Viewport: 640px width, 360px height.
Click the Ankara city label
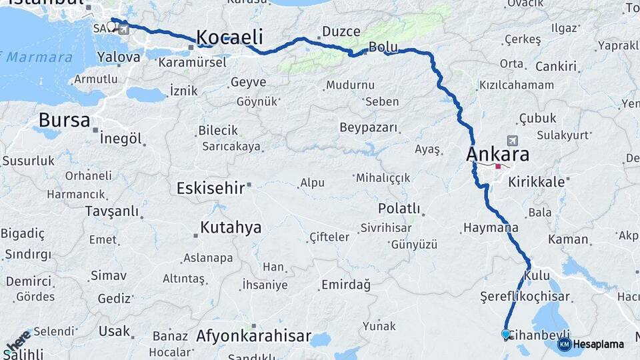coord(497,155)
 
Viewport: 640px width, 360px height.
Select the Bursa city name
coord(64,121)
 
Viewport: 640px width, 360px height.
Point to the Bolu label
coord(383,47)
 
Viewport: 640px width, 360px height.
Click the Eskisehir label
coord(211,188)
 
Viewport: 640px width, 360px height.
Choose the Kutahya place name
coord(231,227)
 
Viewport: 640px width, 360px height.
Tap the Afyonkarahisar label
coord(253,336)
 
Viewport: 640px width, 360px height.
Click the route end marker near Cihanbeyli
coord(506,334)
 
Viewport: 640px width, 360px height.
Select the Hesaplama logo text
coord(598,345)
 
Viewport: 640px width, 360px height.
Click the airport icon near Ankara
coord(512,141)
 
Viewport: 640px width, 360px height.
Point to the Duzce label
coord(341,31)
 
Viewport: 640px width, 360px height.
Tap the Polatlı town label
coord(399,209)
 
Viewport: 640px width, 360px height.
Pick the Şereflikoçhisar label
coord(525,297)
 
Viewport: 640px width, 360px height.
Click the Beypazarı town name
coord(368,127)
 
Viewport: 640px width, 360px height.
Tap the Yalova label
coord(119,57)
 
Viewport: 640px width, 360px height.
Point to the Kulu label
coord(537,275)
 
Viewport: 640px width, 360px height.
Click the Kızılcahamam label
coord(517,85)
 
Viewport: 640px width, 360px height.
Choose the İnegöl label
coord(121,139)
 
